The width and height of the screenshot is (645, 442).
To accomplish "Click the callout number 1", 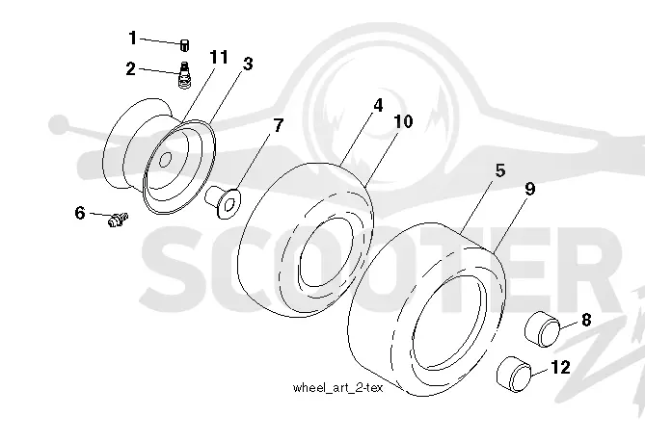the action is click(x=132, y=38).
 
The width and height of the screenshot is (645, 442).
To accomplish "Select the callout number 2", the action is click(x=130, y=68).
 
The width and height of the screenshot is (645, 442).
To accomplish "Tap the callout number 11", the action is click(x=219, y=57).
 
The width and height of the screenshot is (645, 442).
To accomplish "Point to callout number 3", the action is click(x=248, y=64).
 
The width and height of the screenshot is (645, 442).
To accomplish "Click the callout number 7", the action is click(x=279, y=125).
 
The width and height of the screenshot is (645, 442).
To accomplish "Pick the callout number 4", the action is click(x=378, y=105).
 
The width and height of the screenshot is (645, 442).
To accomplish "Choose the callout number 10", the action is click(x=403, y=121).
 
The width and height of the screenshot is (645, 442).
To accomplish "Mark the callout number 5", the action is click(x=500, y=170).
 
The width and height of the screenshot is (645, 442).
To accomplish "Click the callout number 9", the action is click(x=530, y=189).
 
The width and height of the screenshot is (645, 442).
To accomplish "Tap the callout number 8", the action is click(x=586, y=319).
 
